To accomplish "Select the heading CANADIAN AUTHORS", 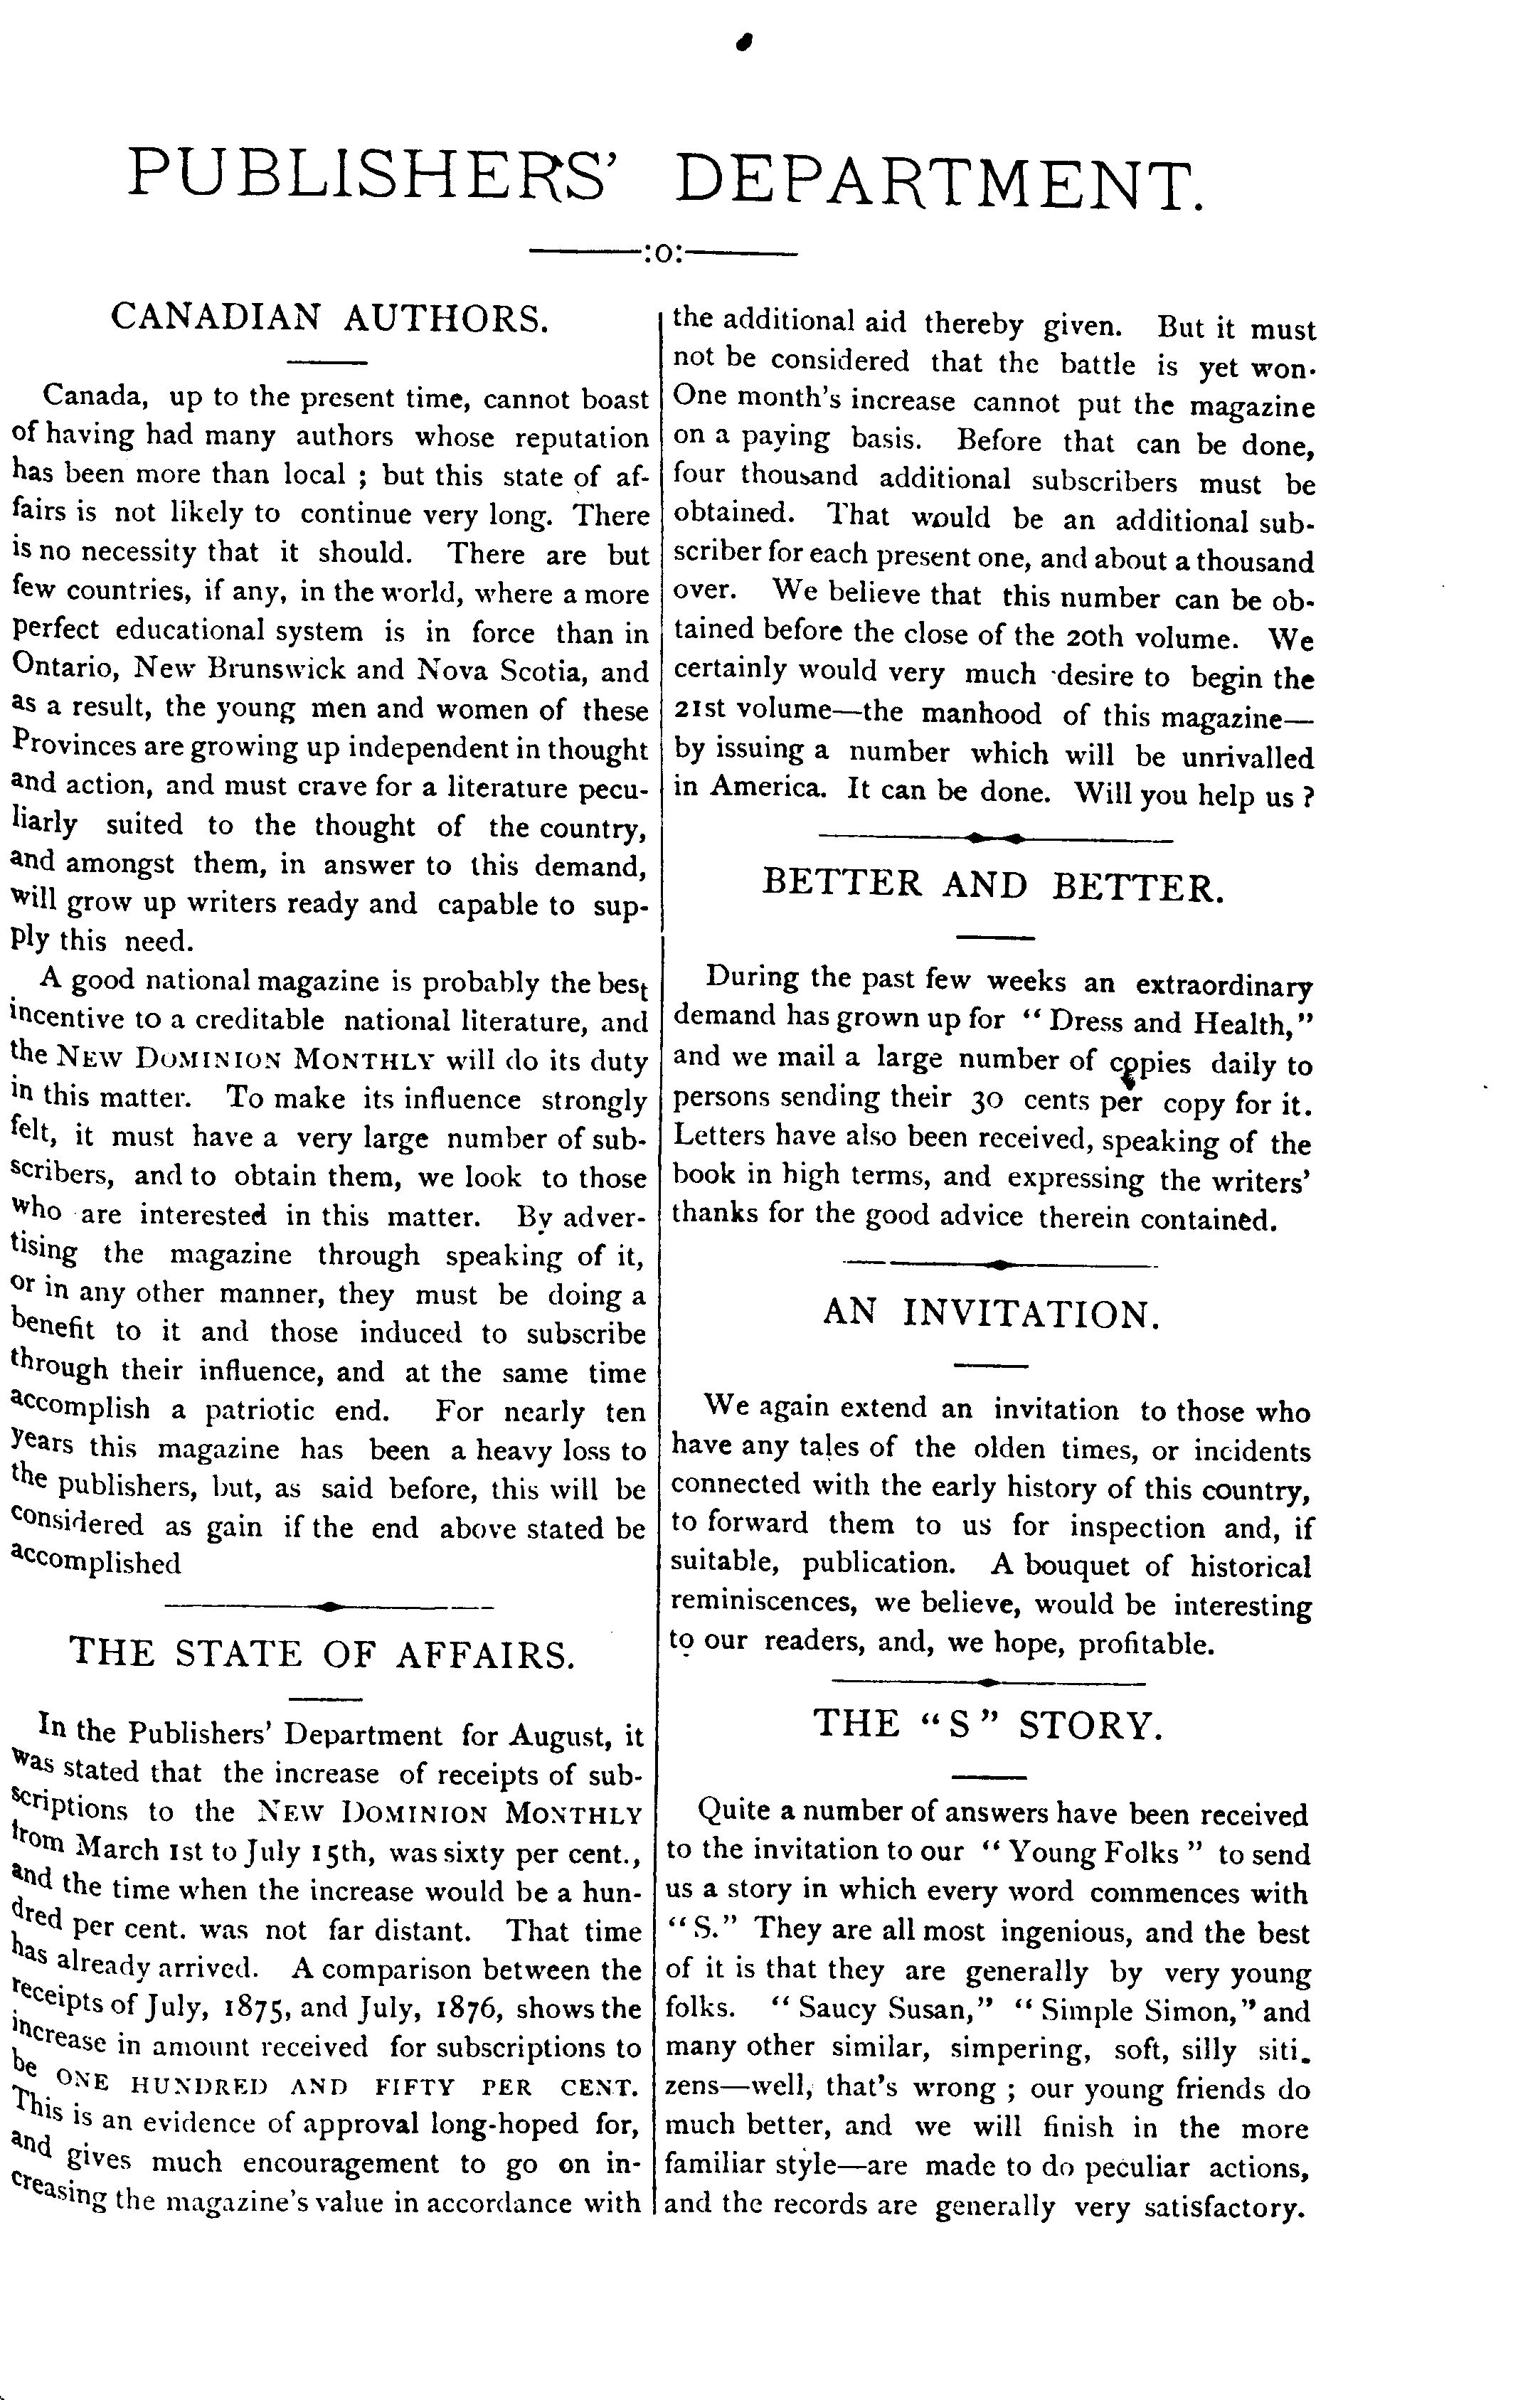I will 330,317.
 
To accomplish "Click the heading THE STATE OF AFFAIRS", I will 323,1654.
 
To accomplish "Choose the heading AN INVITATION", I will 992,1314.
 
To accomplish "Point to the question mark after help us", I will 1307,797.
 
